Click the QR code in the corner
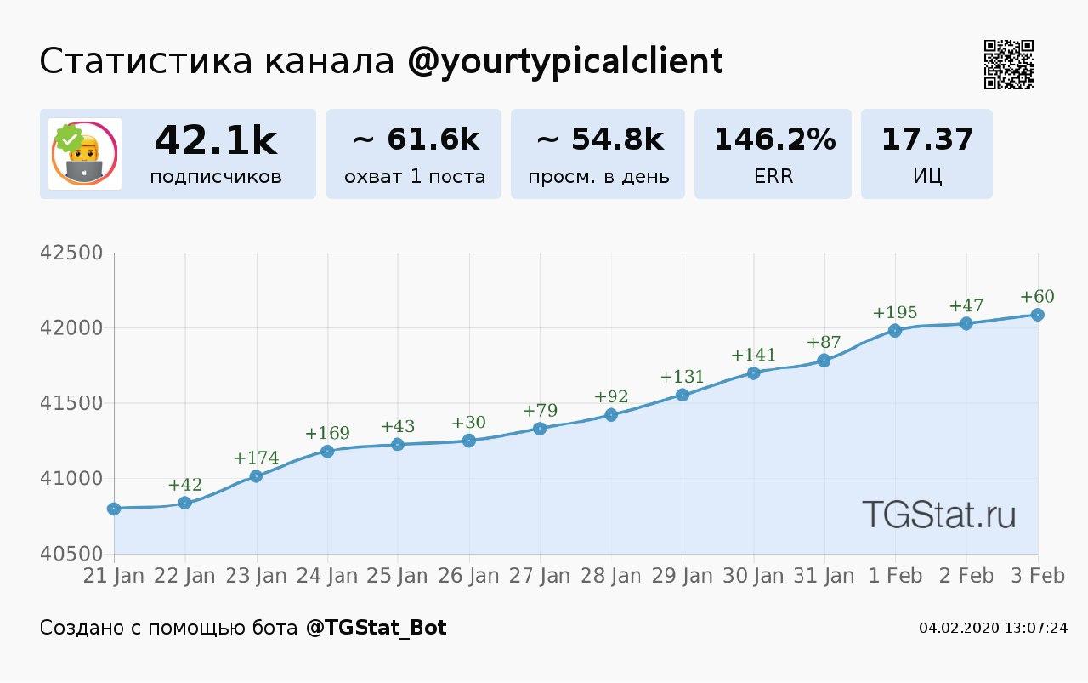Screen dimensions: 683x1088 click(x=1009, y=65)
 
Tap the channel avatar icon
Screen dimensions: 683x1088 click(x=84, y=154)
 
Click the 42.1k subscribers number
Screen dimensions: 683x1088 click(x=216, y=140)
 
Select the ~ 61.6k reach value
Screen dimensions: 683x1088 click(x=415, y=139)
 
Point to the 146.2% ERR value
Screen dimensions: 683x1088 click(x=773, y=139)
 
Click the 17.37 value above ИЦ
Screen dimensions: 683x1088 click(x=927, y=139)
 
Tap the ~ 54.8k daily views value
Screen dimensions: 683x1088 click(x=599, y=139)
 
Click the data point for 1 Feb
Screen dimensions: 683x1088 click(x=895, y=330)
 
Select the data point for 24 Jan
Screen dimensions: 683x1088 click(x=327, y=451)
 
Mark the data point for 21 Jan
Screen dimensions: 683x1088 click(x=114, y=509)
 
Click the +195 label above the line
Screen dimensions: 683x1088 click(x=895, y=312)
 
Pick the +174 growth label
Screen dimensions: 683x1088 click(x=256, y=458)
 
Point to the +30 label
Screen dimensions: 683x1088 click(x=469, y=423)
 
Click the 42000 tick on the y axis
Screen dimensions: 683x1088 click(x=72, y=328)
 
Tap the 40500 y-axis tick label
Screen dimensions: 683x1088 click(x=72, y=554)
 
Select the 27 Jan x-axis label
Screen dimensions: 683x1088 click(x=540, y=576)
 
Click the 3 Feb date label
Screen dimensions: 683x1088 click(x=1036, y=576)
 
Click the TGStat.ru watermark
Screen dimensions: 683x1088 click(x=938, y=514)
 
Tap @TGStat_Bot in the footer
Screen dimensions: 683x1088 click(x=376, y=628)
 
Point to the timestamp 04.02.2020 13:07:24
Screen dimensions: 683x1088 click(x=993, y=628)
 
